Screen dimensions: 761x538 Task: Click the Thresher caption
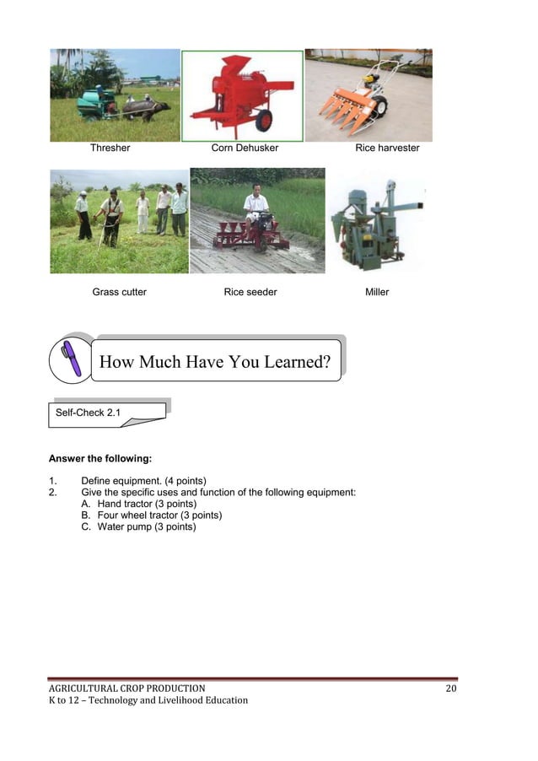pyautogui.click(x=110, y=148)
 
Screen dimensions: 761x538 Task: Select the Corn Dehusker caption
pyautogui.click(x=245, y=148)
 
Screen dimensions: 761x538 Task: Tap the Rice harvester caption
pyautogui.click(x=387, y=148)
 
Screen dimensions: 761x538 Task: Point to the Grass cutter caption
pyautogui.click(x=119, y=292)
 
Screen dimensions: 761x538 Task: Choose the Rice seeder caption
pyautogui.click(x=250, y=292)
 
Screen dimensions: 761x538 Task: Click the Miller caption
pyautogui.click(x=377, y=292)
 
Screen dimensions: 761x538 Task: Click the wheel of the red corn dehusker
pyautogui.click(x=264, y=121)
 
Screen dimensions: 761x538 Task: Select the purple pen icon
pyautogui.click(x=70, y=359)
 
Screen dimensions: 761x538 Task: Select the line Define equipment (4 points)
pyautogui.click(x=143, y=480)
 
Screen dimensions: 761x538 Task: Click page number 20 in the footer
pyautogui.click(x=450, y=688)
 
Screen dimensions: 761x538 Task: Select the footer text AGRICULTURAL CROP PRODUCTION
pyautogui.click(x=126, y=688)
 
